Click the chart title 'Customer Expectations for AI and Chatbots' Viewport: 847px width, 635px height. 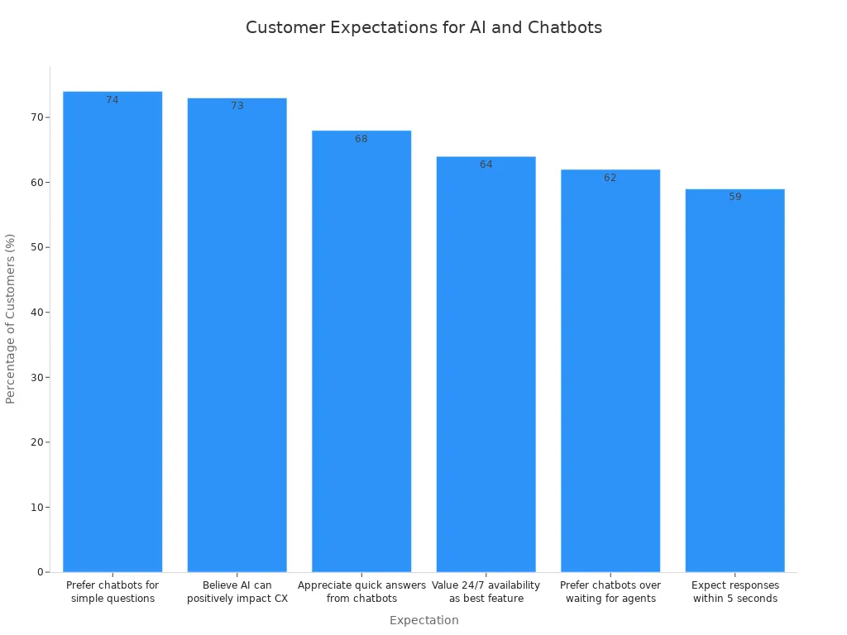pyautogui.click(x=423, y=27)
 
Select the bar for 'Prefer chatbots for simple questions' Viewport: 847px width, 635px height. pyautogui.click(x=112, y=331)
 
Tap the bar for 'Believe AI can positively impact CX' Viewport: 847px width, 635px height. pyautogui.click(x=237, y=335)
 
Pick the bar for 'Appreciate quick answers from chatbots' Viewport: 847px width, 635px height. pyautogui.click(x=361, y=351)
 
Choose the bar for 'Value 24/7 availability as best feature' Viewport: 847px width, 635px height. pyautogui.click(x=486, y=364)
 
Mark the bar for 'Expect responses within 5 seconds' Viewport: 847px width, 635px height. pyautogui.click(x=735, y=380)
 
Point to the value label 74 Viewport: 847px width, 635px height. pyautogui.click(x=112, y=100)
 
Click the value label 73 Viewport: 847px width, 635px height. pyautogui.click(x=237, y=106)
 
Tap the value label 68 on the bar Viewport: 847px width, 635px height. pyautogui.click(x=361, y=139)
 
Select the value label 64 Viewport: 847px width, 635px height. pyautogui.click(x=486, y=165)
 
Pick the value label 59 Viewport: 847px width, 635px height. pyautogui.click(x=735, y=197)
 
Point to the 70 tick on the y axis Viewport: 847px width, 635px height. pyautogui.click(x=36, y=117)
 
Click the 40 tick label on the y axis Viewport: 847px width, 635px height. pyautogui.click(x=36, y=313)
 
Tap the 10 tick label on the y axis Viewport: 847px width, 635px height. pyautogui.click(x=36, y=507)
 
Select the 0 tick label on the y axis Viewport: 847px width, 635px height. pyautogui.click(x=39, y=572)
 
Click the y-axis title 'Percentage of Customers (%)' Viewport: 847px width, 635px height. pyautogui.click(x=11, y=318)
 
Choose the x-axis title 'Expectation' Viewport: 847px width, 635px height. pyautogui.click(x=423, y=620)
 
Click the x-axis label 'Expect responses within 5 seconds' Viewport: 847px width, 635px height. pyautogui.click(x=735, y=591)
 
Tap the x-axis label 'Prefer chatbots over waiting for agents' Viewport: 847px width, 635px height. pyautogui.click(x=610, y=591)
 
